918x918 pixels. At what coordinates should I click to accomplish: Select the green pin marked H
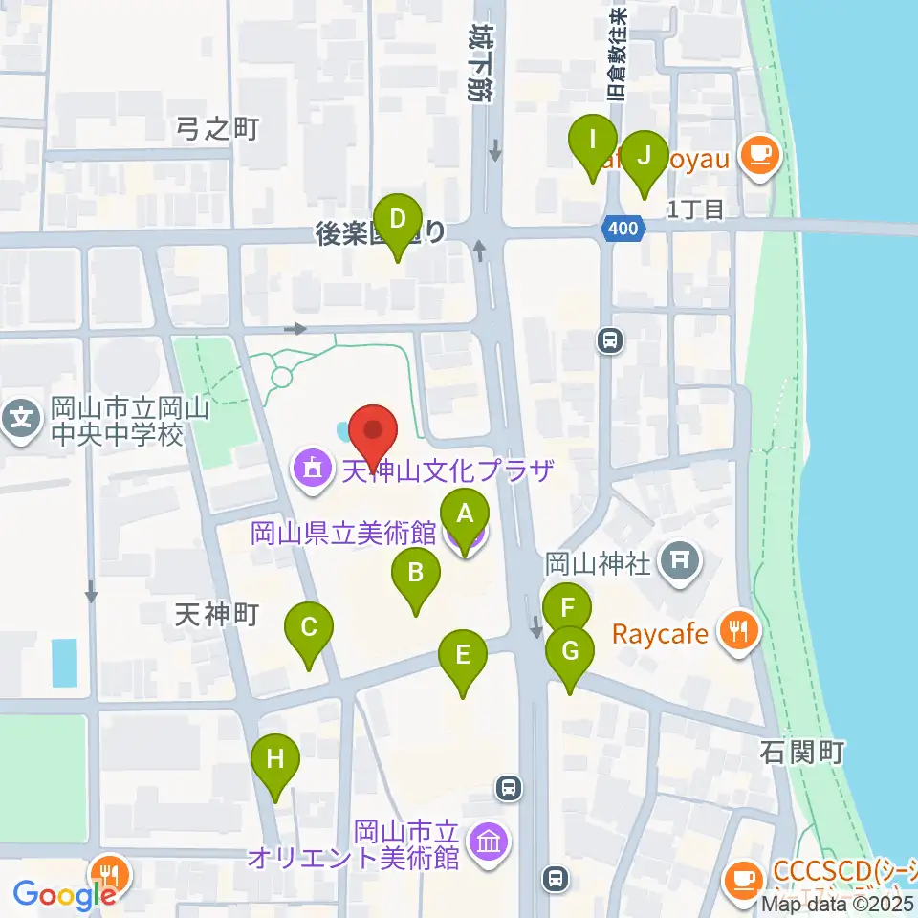coord(275,761)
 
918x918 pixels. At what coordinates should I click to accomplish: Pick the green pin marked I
coord(593,141)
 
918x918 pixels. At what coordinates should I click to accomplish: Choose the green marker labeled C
coord(309,628)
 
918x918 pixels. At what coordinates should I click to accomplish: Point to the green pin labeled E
coord(463,656)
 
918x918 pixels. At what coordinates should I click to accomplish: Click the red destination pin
coord(373,433)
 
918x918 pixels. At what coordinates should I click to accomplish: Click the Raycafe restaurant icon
coord(739,631)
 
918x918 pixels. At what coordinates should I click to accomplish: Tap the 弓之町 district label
coord(218,129)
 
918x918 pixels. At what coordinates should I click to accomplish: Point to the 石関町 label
coord(802,753)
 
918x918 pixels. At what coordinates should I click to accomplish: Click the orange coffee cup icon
coord(761,154)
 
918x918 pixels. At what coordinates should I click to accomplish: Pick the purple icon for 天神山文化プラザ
coord(310,469)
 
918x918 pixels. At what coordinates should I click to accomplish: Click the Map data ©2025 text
coord(838,904)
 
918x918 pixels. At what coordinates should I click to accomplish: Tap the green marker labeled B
coord(416,574)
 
